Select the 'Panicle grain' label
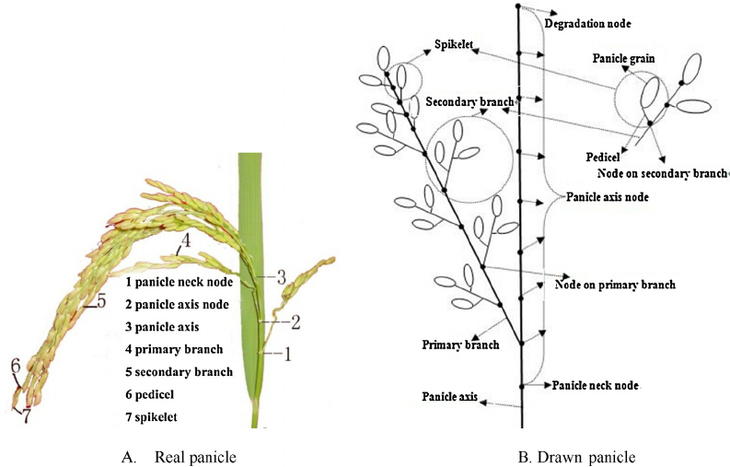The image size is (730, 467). (623, 59)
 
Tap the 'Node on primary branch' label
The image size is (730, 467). (615, 285)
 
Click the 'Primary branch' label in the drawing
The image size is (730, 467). (460, 345)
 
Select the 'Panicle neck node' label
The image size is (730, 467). (596, 385)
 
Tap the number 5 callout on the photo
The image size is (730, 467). (101, 299)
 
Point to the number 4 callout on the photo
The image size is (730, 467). (185, 242)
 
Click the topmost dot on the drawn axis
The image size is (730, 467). (520, 8)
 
